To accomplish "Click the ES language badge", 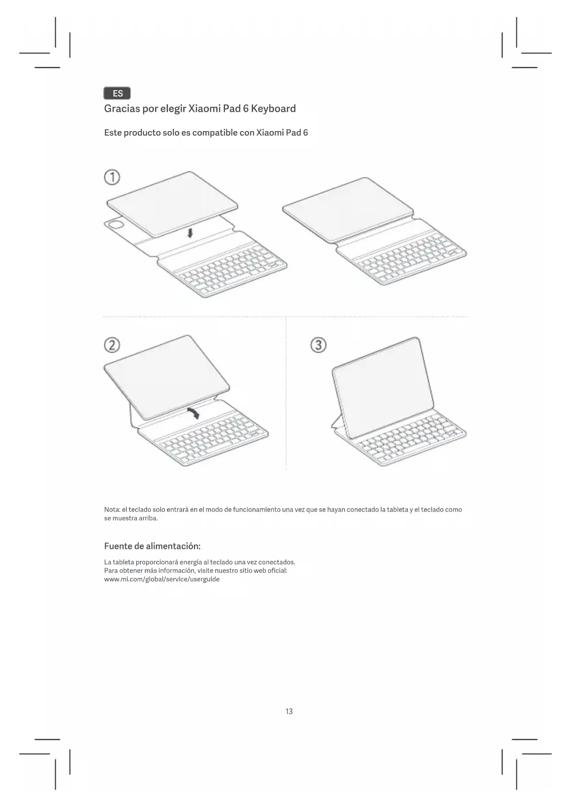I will (x=117, y=93).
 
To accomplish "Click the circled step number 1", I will (x=112, y=177).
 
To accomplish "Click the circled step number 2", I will (x=112, y=345).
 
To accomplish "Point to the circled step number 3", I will (x=318, y=345).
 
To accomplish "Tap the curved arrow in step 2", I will (x=194, y=412).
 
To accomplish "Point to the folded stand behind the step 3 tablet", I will (x=337, y=422).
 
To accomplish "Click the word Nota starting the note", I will (x=112, y=510).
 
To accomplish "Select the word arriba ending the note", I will (x=148, y=519).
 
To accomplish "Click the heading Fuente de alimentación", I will (x=152, y=547).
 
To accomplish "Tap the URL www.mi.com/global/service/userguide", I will (x=162, y=579).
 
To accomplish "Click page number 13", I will (x=289, y=712).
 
